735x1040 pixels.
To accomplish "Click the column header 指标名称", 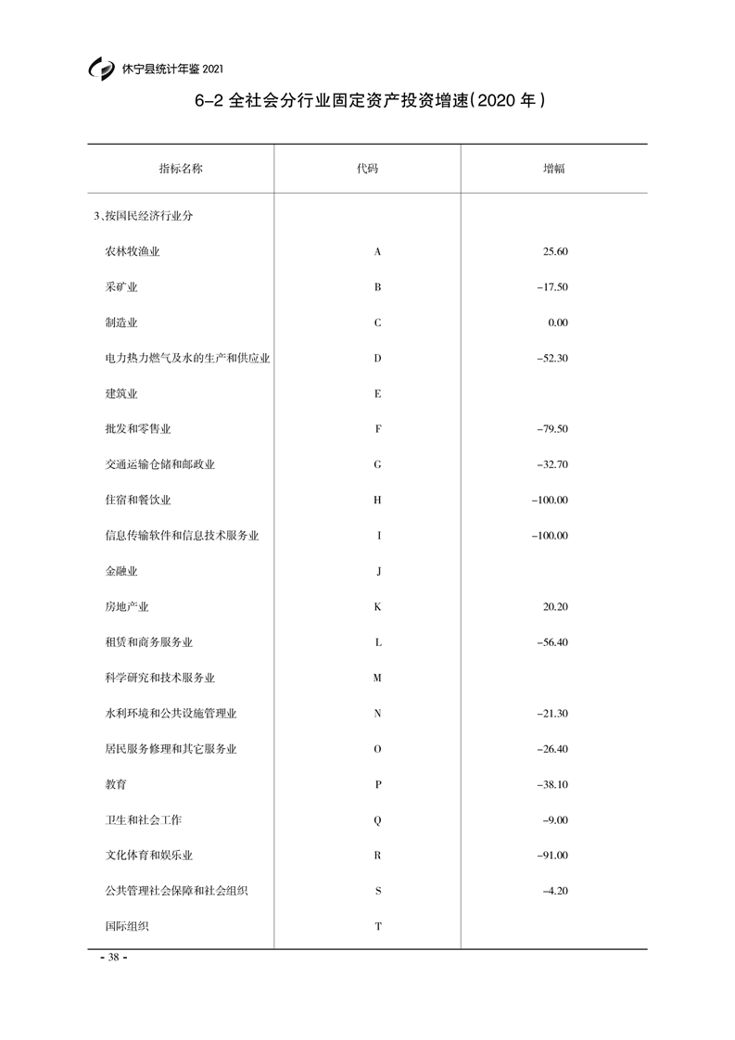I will click(x=181, y=169).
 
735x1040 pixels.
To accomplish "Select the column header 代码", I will click(x=368, y=169).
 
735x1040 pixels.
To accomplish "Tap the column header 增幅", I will click(x=554, y=169).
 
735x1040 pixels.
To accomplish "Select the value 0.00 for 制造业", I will click(x=558, y=323).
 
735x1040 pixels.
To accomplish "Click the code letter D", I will click(x=377, y=358).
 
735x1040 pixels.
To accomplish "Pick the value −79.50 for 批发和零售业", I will click(x=551, y=429).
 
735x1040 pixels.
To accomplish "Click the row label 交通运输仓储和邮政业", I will click(x=160, y=464).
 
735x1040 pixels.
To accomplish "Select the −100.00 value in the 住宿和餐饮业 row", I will click(x=550, y=501).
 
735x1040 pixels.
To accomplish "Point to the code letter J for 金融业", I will click(x=378, y=571).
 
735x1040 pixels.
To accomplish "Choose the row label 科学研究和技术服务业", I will click(x=160, y=678).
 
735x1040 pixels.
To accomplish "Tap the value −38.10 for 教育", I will click(x=551, y=784).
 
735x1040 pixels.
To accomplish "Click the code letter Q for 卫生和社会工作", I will click(x=377, y=820).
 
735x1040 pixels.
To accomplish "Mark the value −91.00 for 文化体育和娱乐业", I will click(x=551, y=856).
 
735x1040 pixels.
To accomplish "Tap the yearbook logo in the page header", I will click(x=100, y=69).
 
